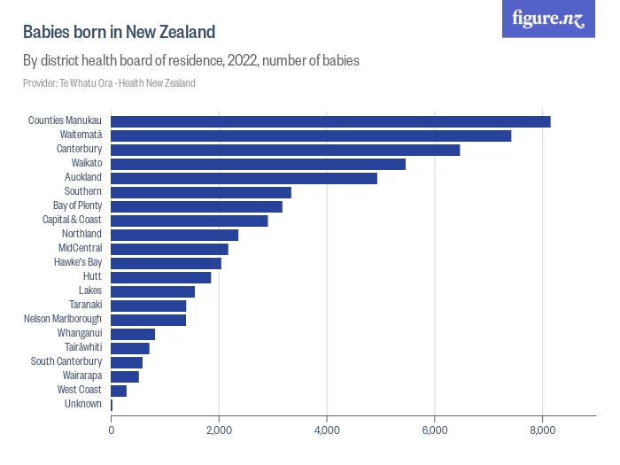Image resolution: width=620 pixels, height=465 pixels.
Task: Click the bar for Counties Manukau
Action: (x=330, y=121)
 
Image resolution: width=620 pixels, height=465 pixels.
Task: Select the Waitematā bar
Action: (x=311, y=136)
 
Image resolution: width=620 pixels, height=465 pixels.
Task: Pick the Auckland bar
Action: (x=244, y=178)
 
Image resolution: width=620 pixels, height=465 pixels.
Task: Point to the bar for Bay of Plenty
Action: (x=197, y=206)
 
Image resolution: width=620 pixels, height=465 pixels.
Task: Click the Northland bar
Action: (x=174, y=235)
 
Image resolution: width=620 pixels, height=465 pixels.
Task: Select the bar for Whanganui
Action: (x=133, y=334)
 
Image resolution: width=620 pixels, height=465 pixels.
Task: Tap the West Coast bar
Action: (x=119, y=391)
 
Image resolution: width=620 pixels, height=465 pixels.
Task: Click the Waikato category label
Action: (x=87, y=164)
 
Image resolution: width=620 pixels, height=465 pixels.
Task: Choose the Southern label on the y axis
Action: (x=83, y=192)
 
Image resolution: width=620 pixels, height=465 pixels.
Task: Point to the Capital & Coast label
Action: (x=73, y=221)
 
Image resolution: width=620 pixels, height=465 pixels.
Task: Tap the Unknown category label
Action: (x=83, y=405)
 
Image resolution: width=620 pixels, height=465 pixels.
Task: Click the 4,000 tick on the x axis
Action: (x=327, y=430)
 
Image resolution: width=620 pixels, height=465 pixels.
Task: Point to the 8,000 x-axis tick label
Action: (x=542, y=430)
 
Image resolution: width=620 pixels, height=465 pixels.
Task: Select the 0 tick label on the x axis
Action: (x=112, y=430)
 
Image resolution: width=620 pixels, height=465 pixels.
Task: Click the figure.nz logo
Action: (x=548, y=19)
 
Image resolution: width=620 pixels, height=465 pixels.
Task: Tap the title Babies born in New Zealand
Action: (x=119, y=33)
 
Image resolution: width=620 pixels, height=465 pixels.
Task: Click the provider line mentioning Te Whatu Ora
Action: (x=109, y=83)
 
